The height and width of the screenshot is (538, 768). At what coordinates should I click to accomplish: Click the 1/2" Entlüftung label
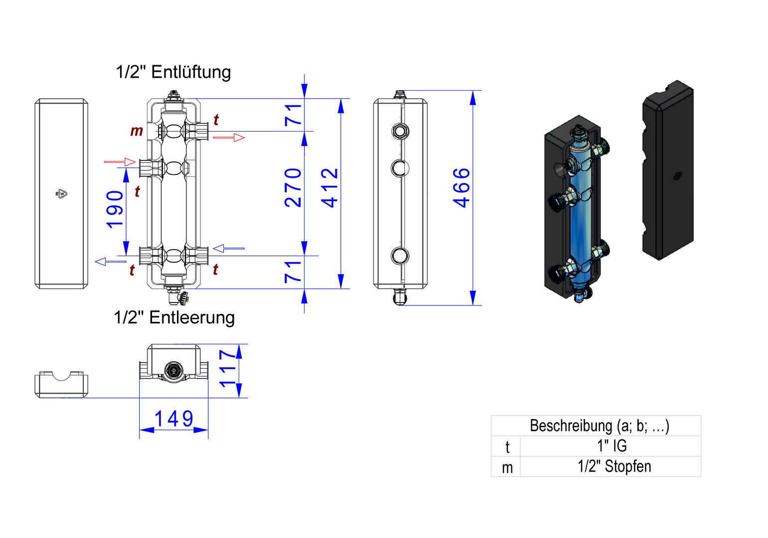173,72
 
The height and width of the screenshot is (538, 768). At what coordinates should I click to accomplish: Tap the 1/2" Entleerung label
174,317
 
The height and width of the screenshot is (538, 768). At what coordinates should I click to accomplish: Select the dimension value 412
330,188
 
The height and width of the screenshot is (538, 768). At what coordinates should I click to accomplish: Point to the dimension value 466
461,188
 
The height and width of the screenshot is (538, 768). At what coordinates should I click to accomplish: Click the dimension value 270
294,188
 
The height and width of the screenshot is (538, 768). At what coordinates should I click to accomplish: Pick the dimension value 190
115,209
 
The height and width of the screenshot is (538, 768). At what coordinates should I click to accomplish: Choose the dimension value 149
173,419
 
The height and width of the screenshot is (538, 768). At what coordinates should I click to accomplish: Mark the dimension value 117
227,369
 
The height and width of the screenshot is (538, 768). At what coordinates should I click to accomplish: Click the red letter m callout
136,131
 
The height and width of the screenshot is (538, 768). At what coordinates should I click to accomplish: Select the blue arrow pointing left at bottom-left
110,262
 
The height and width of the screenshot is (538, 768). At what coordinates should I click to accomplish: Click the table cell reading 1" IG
612,446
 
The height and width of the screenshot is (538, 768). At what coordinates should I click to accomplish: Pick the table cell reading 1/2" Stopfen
614,467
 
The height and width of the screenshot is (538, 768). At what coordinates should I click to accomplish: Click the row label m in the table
507,468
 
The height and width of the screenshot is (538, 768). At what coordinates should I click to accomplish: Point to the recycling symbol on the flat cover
62,194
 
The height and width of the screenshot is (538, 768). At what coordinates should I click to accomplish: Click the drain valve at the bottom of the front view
177,297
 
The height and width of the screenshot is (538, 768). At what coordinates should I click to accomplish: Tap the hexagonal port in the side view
400,132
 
